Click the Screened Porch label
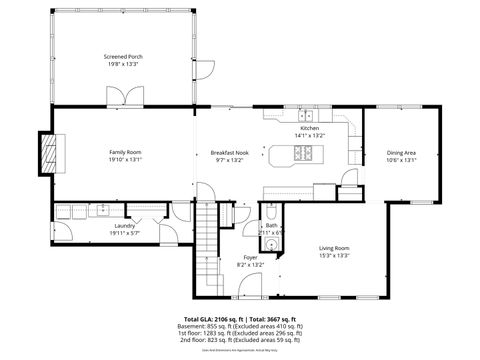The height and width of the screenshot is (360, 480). [x=124, y=57]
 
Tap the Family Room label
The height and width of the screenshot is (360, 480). [x=126, y=151]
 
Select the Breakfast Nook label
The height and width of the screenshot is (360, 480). [x=228, y=152]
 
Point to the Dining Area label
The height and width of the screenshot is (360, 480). [x=401, y=152]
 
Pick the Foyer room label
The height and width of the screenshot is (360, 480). [x=250, y=258]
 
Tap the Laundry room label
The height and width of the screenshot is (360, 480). [x=125, y=226]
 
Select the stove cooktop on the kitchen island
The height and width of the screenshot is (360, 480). [x=304, y=154]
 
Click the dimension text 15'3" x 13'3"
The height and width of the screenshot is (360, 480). [x=334, y=255]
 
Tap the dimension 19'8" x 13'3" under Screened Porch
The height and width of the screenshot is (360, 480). [x=124, y=65]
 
